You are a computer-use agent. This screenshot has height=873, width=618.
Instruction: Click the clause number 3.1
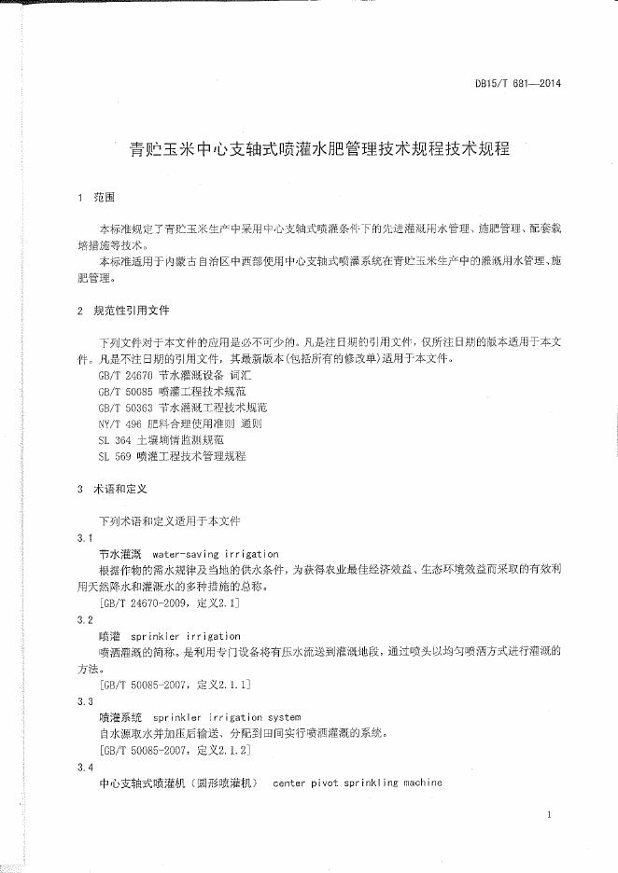(x=84, y=538)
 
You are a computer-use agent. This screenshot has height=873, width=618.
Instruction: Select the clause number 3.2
(x=84, y=619)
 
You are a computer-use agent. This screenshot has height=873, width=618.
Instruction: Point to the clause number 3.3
(x=84, y=700)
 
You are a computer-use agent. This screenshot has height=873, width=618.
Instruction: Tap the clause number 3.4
(x=84, y=766)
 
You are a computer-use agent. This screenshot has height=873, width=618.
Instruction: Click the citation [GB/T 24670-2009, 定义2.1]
(x=169, y=603)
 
